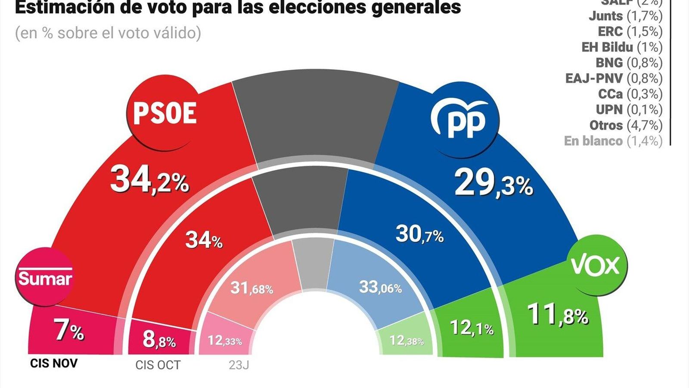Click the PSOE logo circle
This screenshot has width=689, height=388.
click(x=164, y=113)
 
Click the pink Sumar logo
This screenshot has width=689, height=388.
click(x=45, y=278)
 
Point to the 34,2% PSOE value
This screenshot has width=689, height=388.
click(x=149, y=181)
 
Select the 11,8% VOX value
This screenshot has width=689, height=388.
click(x=558, y=315)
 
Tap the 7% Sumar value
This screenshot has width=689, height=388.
click(x=69, y=331)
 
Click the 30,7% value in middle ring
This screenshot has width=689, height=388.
click(x=419, y=235)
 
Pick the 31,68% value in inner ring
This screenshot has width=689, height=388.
click(x=251, y=288)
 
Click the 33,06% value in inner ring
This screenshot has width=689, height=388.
click(x=380, y=287)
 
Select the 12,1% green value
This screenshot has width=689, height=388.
click(x=472, y=329)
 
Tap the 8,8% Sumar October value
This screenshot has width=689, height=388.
click(x=159, y=340)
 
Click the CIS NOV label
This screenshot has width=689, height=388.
click(x=54, y=363)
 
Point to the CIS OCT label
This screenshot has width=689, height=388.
click(x=158, y=365)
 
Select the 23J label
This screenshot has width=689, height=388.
click(x=239, y=365)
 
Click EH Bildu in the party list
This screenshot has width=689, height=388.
click(x=607, y=47)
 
